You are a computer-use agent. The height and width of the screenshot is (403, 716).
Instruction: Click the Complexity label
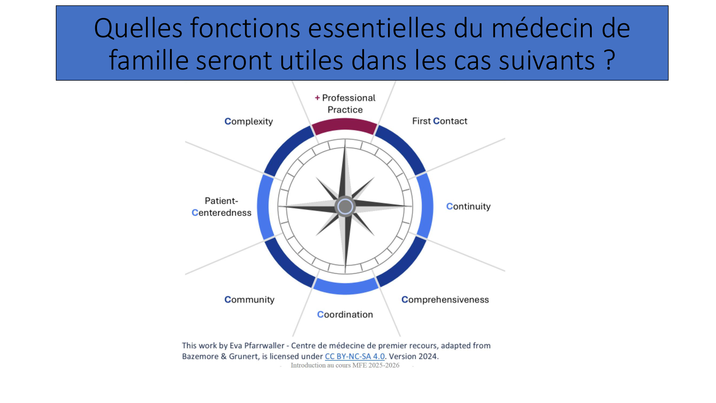pyautogui.click(x=248, y=122)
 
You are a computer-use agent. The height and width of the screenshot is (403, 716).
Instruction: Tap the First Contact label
pyautogui.click(x=440, y=121)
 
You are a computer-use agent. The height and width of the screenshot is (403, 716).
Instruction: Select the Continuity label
pyautogui.click(x=468, y=206)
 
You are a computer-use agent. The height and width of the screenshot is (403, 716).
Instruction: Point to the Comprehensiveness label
pyautogui.click(x=445, y=299)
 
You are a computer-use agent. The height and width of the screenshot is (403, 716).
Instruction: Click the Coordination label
pyautogui.click(x=345, y=315)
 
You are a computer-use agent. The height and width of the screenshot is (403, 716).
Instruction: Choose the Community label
pyautogui.click(x=249, y=300)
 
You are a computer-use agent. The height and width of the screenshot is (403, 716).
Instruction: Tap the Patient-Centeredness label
pyautogui.click(x=222, y=207)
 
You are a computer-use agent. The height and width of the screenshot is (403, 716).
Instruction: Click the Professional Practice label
pyautogui.click(x=345, y=104)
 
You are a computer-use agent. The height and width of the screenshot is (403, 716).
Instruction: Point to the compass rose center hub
pyautogui.click(x=345, y=206)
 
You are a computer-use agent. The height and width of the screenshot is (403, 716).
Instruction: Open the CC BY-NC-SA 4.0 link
pyautogui.click(x=355, y=356)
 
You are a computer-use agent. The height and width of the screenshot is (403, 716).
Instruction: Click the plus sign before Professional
pyautogui.click(x=317, y=97)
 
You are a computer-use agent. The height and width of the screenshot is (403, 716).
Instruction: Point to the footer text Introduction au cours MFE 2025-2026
pyautogui.click(x=345, y=365)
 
